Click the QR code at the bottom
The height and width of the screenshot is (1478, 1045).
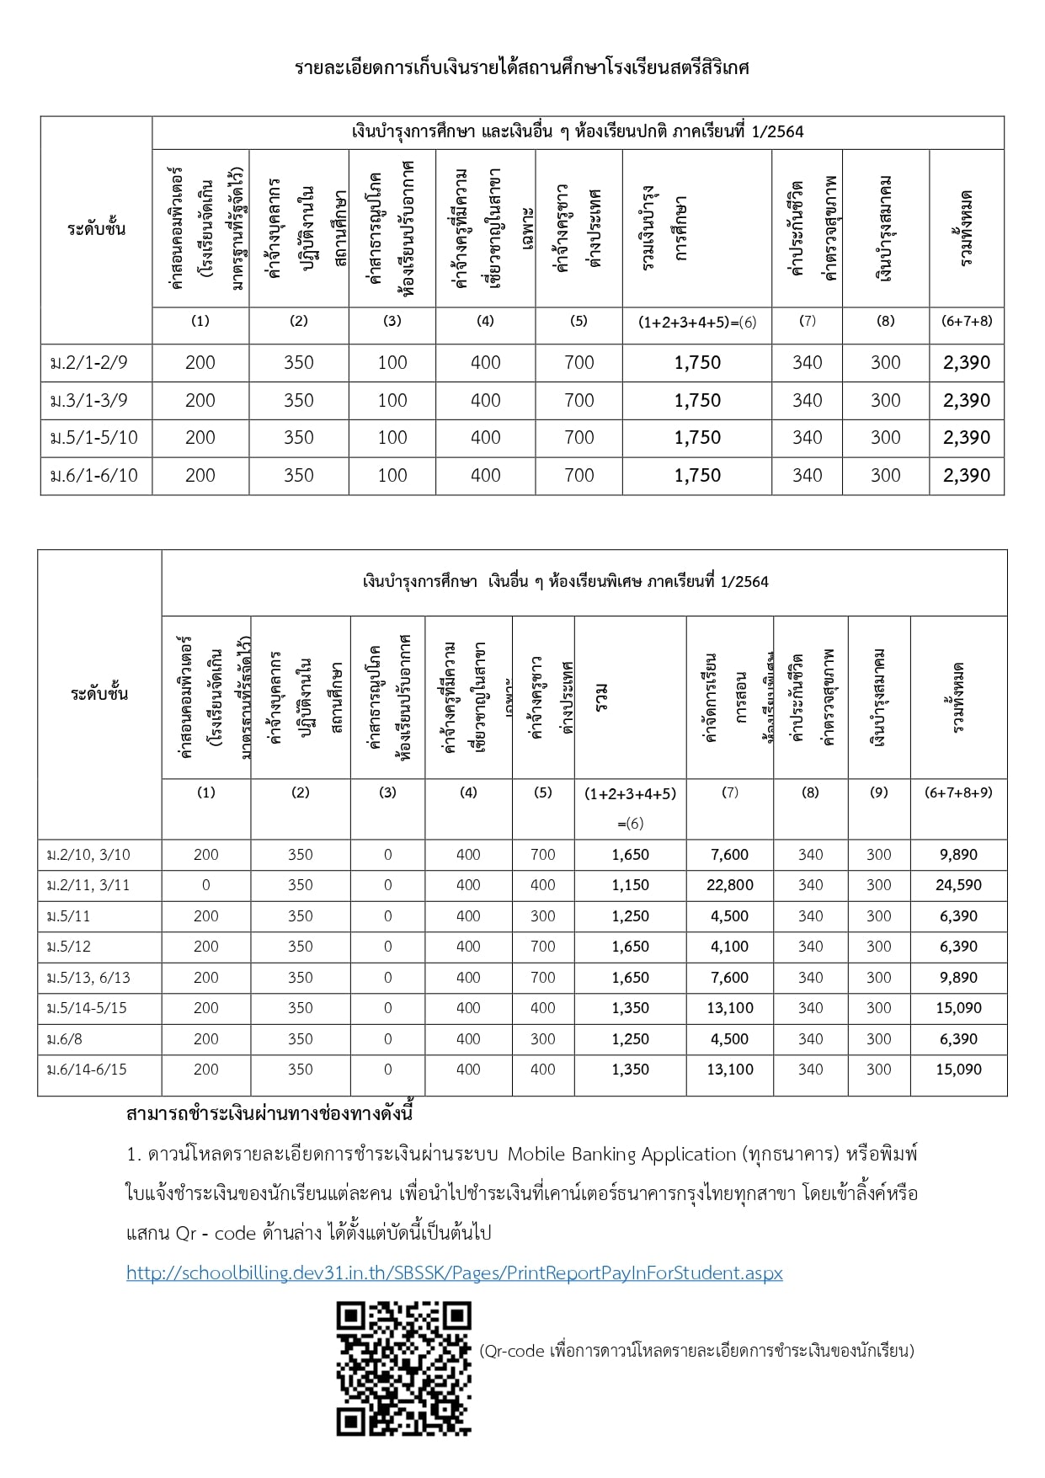click(x=403, y=1369)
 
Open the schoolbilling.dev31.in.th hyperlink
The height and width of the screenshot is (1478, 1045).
click(x=455, y=1273)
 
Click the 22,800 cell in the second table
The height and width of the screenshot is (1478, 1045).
click(x=729, y=885)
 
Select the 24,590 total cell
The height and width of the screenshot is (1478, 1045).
click(x=958, y=885)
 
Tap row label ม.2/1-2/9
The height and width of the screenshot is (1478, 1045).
click(x=89, y=363)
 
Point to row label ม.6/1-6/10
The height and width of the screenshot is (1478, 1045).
click(x=93, y=476)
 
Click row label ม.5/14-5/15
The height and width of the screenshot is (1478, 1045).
click(x=87, y=1008)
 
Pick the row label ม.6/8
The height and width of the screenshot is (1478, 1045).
click(x=65, y=1039)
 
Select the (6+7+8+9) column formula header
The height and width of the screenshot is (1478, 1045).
click(x=958, y=792)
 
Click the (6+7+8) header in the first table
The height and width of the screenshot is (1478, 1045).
click(x=966, y=321)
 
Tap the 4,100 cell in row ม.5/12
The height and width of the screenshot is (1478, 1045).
click(x=729, y=947)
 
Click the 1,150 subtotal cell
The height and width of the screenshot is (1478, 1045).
click(x=630, y=885)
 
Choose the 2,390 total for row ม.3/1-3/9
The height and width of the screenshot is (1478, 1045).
click(x=966, y=401)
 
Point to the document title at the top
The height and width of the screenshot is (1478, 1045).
click(x=521, y=67)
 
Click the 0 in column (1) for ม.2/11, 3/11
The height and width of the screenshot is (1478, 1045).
click(x=205, y=885)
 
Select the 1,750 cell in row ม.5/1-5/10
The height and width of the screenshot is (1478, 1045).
click(x=697, y=438)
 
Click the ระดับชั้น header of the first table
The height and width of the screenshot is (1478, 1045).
click(x=96, y=229)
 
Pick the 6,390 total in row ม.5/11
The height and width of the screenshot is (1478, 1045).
click(x=958, y=916)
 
